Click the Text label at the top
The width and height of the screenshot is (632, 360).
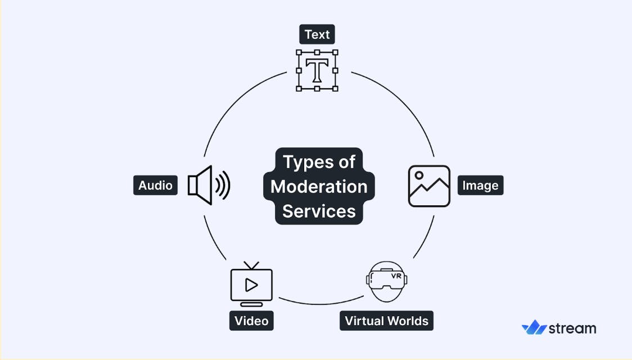317,35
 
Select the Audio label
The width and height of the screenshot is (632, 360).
155,185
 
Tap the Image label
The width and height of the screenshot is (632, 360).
480,185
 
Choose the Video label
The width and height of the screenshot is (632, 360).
251,321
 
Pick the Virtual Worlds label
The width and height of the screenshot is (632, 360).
386,321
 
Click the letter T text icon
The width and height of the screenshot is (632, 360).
317,70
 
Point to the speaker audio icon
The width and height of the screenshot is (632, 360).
208,185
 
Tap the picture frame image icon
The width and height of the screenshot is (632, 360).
429,186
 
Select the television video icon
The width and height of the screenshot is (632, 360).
251,284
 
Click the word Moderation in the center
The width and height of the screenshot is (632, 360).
319,186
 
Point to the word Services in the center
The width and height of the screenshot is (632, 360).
319,211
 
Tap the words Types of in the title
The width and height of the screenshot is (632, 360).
319,162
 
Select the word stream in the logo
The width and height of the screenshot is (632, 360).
572,328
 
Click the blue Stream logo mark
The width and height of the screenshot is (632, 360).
534,327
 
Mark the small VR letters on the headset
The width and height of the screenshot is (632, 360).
396,276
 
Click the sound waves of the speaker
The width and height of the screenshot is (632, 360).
223,185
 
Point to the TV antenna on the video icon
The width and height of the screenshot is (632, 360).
251,265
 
